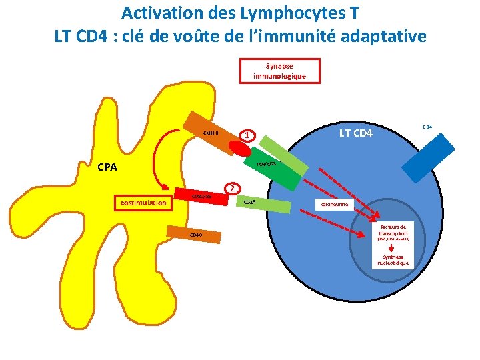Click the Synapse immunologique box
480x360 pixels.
(279, 71)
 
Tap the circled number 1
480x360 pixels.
(247, 135)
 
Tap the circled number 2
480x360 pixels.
(231, 188)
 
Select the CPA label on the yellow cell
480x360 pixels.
(106, 167)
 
